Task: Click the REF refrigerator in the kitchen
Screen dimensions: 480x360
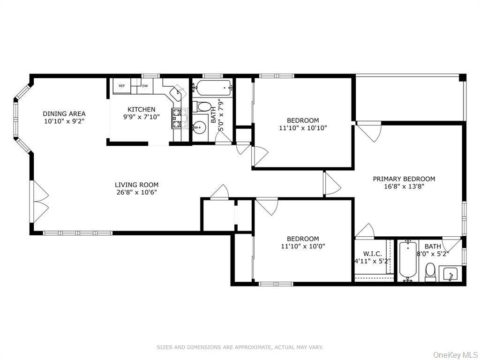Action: point(122,86)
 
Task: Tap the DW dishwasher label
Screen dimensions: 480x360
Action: point(145,86)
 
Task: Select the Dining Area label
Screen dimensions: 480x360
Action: point(64,114)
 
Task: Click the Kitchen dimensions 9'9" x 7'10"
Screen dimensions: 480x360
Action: point(142,117)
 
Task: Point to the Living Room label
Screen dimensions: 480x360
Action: point(136,185)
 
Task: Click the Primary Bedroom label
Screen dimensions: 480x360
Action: point(404,179)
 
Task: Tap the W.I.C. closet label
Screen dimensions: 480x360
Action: point(372,254)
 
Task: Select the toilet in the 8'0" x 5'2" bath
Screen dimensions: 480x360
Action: point(430,272)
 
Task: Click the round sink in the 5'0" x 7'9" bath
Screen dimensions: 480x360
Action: point(200,126)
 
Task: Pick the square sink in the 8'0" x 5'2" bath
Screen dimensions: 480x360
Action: point(449,273)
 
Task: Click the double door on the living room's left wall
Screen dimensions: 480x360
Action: point(40,202)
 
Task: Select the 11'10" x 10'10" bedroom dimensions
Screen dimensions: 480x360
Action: point(303,128)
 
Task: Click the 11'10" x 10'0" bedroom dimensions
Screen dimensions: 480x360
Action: point(303,246)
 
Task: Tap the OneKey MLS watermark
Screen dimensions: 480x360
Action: point(455,355)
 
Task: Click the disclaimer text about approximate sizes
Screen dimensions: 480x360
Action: point(240,347)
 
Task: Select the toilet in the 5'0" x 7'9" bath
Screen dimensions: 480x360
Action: point(203,106)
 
